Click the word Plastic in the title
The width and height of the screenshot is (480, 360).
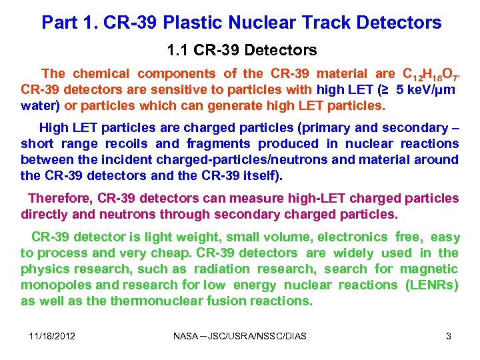(189, 23)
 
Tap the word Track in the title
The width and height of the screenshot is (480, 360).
(327, 23)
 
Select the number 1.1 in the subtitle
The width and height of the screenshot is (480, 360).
(177, 50)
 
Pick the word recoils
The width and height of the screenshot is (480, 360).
(129, 143)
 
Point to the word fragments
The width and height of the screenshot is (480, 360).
(219, 143)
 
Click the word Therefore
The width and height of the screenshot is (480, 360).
(59, 198)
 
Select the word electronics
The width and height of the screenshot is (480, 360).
(353, 237)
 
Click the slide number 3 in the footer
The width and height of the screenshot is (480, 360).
(449, 336)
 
